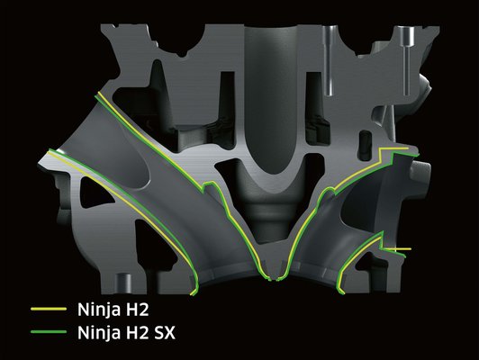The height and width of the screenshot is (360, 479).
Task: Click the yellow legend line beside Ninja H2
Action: pyautogui.click(x=49, y=309)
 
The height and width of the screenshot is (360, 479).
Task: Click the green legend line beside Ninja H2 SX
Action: pyautogui.click(x=49, y=332)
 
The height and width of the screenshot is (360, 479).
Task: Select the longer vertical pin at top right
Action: pyautogui.click(x=329, y=60)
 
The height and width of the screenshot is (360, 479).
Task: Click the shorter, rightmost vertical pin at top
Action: pyautogui.click(x=407, y=60)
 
